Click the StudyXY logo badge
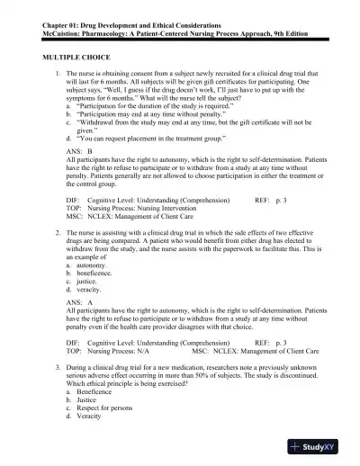[x=319, y=446]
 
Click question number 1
[x=58, y=71]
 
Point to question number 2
[x=58, y=233]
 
